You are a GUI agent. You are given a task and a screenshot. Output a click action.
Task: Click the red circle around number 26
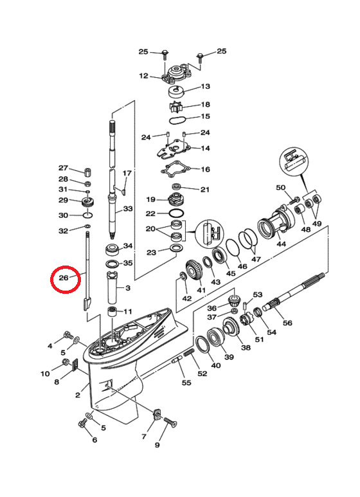tap(52, 279)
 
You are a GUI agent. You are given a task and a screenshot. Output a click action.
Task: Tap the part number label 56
tap(287, 323)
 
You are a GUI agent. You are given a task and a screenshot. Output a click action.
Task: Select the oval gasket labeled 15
tap(177, 120)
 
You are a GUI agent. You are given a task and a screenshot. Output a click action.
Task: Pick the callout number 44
tap(281, 244)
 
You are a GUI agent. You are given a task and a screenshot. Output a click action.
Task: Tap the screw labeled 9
tap(170, 422)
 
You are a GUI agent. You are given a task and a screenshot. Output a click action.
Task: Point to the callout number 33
tap(128, 208)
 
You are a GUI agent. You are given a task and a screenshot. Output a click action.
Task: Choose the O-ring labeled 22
tap(176, 212)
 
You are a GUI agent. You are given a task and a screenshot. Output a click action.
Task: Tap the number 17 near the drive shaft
tap(127, 173)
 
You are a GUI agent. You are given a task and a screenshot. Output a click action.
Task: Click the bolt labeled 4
tap(68, 335)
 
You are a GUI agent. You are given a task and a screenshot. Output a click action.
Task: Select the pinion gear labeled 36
tap(234, 299)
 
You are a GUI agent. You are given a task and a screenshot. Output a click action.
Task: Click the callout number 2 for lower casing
tap(78, 395)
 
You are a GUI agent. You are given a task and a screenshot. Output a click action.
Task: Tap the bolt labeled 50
tap(294, 201)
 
